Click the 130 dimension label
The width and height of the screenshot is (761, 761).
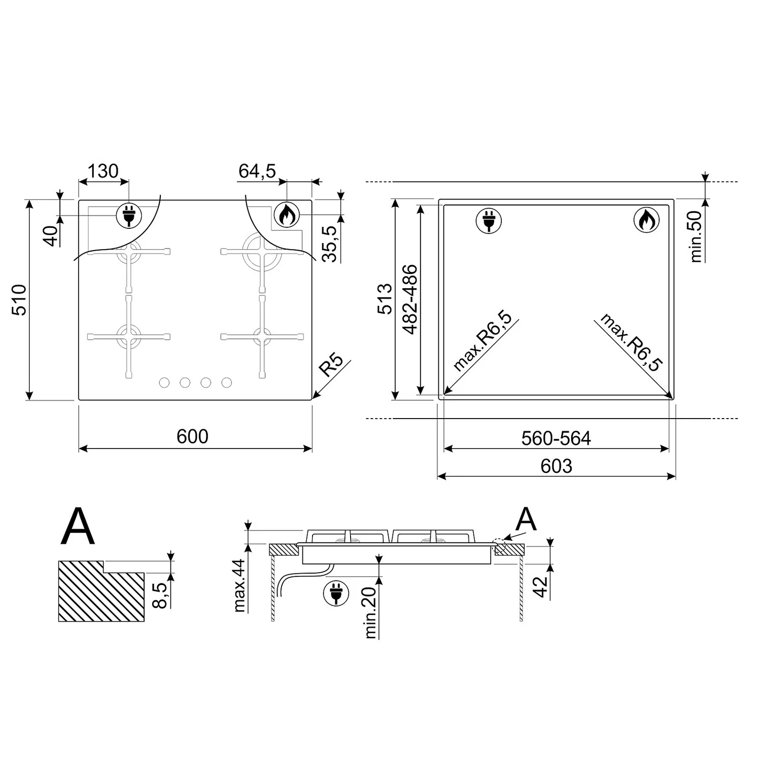click(103, 171)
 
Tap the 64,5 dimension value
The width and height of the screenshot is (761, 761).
click(257, 171)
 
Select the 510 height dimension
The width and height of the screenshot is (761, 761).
click(19, 300)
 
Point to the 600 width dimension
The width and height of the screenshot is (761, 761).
click(192, 436)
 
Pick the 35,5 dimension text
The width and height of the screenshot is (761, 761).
click(331, 244)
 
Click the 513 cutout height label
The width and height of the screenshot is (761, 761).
click(385, 299)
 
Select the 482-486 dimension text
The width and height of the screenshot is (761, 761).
click(409, 299)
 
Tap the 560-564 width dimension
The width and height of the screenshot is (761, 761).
click(556, 438)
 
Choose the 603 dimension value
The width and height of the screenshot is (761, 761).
click(556, 466)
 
